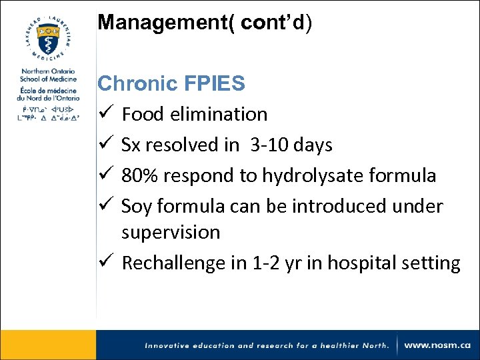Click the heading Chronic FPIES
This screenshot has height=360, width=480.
171,83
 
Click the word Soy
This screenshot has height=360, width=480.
137,206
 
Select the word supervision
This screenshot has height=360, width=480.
171,232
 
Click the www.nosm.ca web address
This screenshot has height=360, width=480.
437,345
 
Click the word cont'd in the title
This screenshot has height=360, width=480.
273,22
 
